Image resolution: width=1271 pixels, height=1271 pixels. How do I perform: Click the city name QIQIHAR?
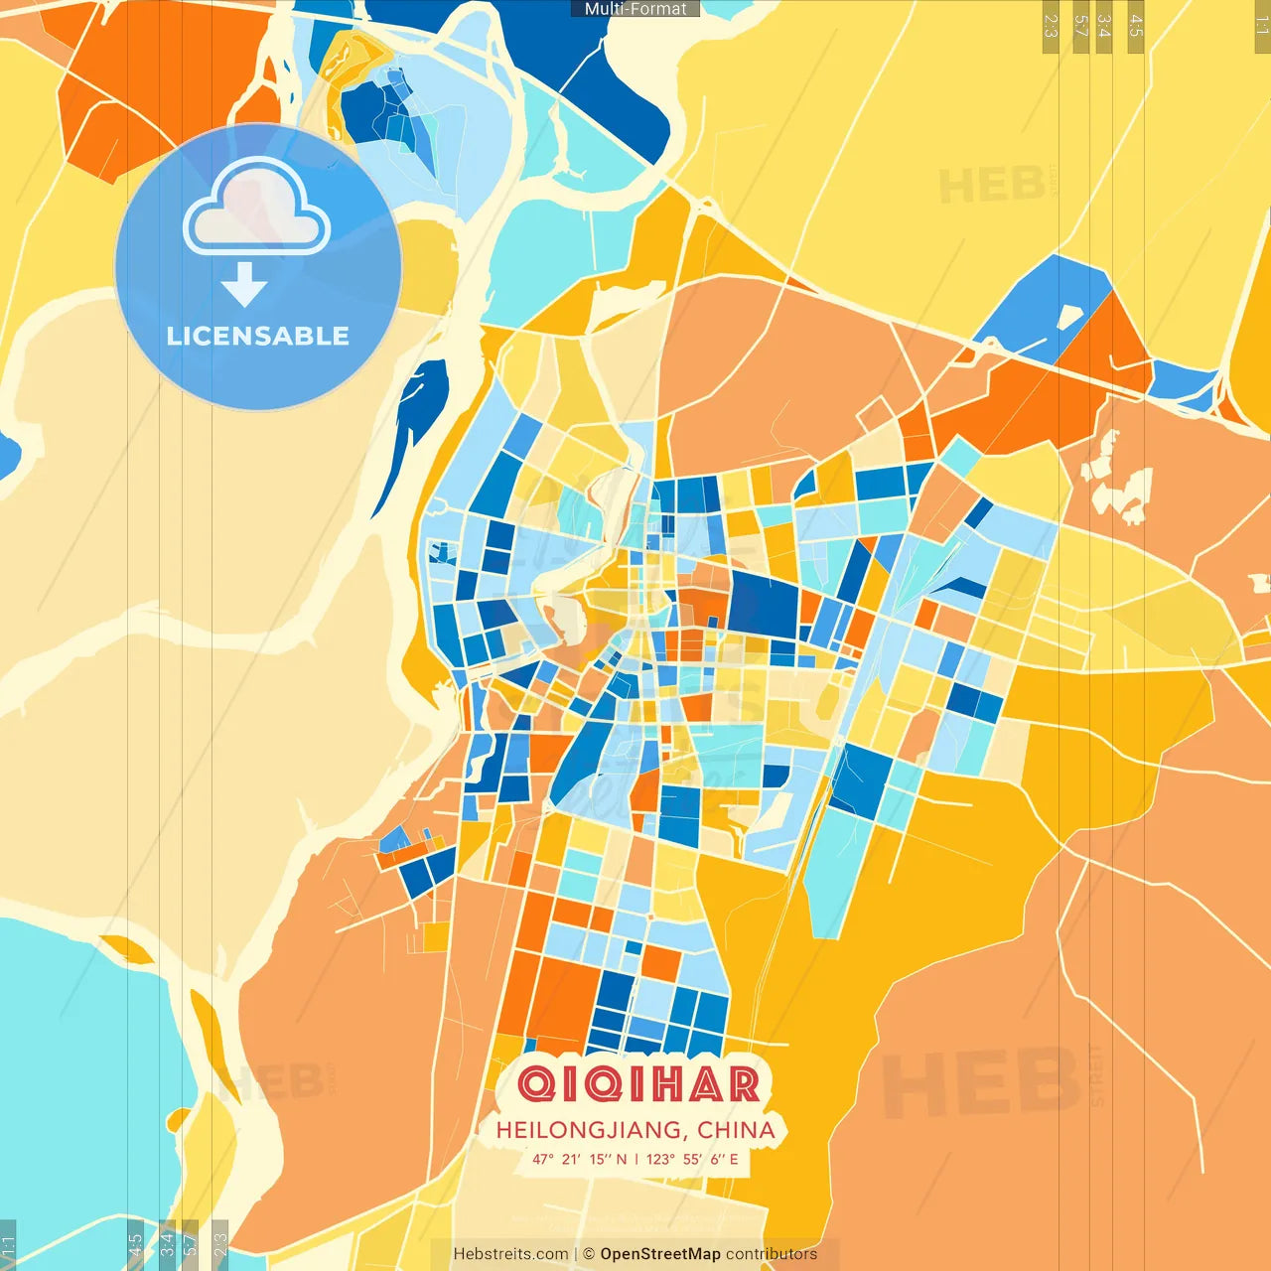click(x=638, y=1084)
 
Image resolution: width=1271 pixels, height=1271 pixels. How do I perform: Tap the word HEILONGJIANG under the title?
click(x=588, y=1130)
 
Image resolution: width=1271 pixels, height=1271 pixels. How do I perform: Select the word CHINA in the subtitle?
click(x=736, y=1130)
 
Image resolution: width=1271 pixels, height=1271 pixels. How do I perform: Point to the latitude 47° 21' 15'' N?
click(x=579, y=1159)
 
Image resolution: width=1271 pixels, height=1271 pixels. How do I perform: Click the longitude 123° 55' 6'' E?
click(x=692, y=1159)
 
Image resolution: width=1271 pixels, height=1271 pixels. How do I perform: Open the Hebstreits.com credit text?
click(x=510, y=1254)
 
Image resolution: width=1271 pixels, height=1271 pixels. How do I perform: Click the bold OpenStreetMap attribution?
click(x=660, y=1254)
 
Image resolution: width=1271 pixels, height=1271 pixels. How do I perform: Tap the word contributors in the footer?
click(x=772, y=1254)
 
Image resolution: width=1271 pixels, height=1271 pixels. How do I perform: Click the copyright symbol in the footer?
click(x=589, y=1254)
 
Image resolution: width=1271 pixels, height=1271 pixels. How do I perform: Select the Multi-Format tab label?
click(x=635, y=9)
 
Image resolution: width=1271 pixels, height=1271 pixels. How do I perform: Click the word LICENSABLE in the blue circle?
click(x=258, y=336)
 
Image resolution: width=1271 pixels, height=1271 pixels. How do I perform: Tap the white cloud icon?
click(x=256, y=210)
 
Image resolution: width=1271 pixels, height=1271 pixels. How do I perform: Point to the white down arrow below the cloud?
click(x=244, y=285)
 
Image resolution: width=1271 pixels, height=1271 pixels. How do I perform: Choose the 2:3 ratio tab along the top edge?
click(x=1051, y=26)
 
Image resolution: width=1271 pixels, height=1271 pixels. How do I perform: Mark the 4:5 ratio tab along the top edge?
click(x=1136, y=26)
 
